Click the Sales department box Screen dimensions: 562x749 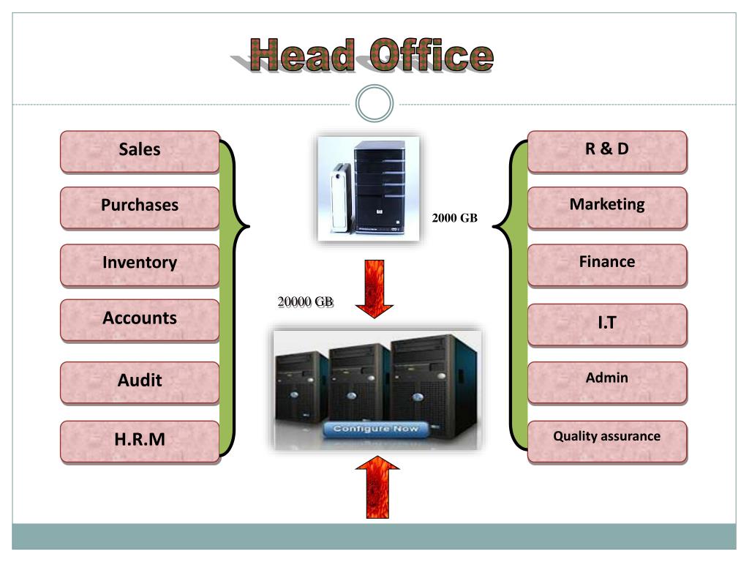[x=140, y=151]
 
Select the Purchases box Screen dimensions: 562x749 [x=140, y=206]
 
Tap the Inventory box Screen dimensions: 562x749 [x=140, y=263]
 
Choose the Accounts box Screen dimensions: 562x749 [x=140, y=319]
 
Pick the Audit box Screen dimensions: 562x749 [x=140, y=381]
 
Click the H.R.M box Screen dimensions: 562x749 [x=140, y=441]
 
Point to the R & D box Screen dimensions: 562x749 [x=607, y=150]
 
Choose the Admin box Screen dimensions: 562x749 [x=607, y=380]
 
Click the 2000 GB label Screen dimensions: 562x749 [x=454, y=218]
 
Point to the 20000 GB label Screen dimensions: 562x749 [x=305, y=301]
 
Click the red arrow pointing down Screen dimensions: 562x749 [x=375, y=288]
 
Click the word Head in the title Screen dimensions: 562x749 [x=301, y=56]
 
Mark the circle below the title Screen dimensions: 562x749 [x=374, y=104]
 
